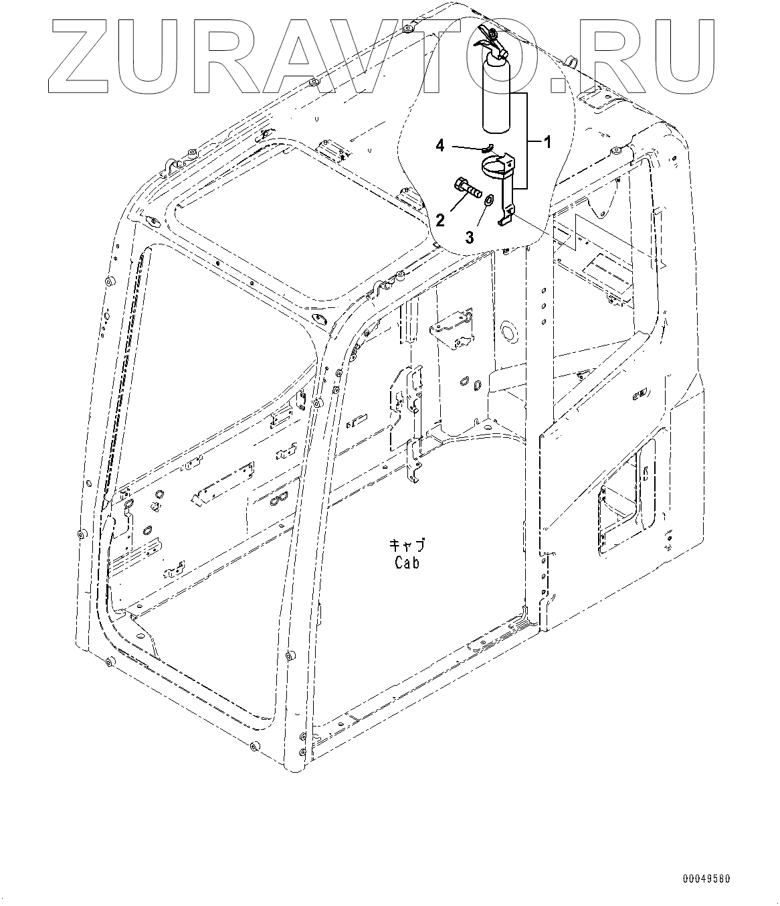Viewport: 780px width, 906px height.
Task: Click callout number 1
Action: coord(547,142)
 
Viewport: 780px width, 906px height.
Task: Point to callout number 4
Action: coord(440,145)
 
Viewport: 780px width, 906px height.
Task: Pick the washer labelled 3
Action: coord(489,200)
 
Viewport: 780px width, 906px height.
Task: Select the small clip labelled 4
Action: coord(488,148)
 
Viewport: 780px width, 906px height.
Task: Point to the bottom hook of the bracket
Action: coord(508,216)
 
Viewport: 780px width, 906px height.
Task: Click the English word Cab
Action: coord(407,563)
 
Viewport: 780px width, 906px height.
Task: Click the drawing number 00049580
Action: coord(706,878)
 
